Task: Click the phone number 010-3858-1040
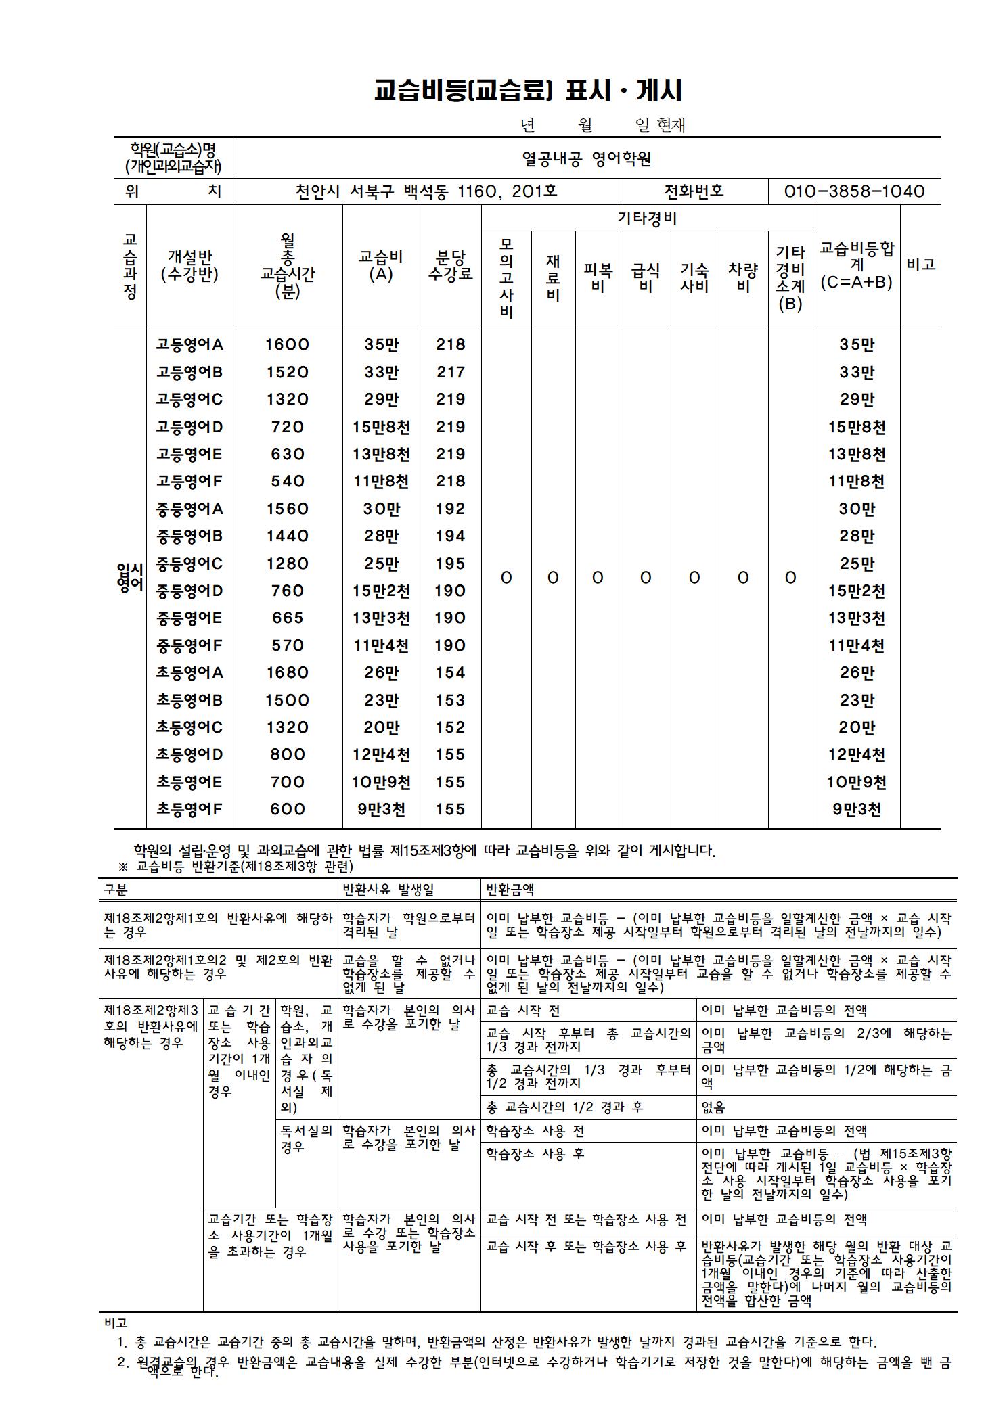[854, 191]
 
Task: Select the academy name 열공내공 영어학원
[586, 158]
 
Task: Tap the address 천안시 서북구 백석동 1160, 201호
[426, 191]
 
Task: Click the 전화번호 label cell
[694, 191]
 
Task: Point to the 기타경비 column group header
[646, 218]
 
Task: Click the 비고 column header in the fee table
[920, 265]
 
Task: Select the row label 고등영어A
[189, 345]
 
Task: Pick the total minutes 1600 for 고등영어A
[287, 345]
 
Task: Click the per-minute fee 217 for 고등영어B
[450, 372]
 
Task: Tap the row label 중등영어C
[189, 564]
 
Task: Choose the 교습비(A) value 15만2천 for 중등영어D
[381, 591]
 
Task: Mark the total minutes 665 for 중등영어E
[287, 618]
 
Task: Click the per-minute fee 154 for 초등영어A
[450, 673]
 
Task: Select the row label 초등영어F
[189, 810]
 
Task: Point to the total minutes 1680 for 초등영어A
[287, 673]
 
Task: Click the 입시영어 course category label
[130, 578]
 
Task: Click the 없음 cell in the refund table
[713, 1107]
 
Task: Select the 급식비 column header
[646, 278]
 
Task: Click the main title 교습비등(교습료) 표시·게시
[528, 91]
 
